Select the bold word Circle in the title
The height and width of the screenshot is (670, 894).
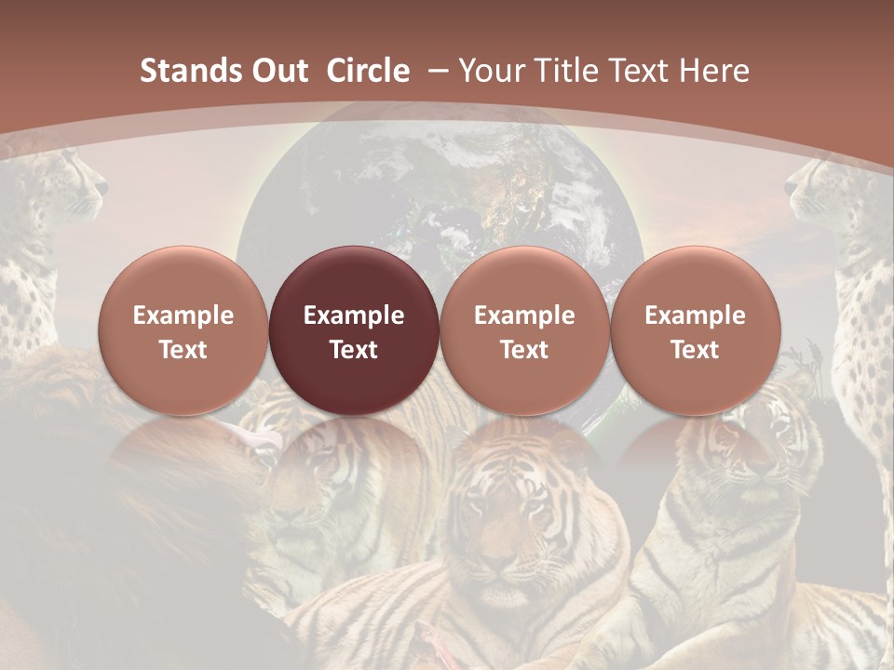368,71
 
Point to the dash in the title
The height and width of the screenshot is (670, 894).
436,71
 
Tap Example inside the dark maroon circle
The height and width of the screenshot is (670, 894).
354,315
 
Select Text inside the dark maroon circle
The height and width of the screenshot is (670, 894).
354,350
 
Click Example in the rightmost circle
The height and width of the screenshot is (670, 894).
696,315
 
